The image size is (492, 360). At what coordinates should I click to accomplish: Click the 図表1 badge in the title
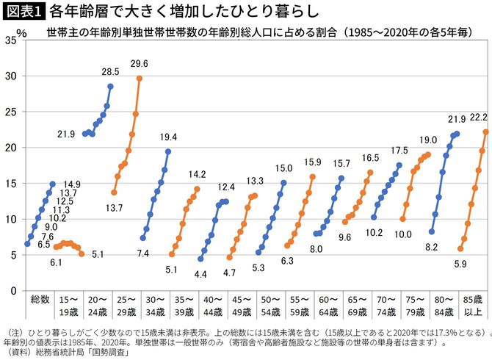23,11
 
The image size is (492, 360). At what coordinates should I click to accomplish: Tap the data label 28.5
109,72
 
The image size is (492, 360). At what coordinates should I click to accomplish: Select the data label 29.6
140,64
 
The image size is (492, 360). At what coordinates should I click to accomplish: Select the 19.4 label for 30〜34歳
168,137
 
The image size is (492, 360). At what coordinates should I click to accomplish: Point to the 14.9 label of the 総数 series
70,164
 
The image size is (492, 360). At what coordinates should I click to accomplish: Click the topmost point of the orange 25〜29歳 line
140,78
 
